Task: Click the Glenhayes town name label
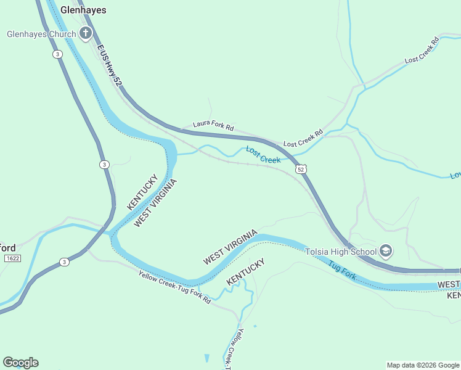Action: point(83,10)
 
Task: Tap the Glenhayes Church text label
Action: point(41,34)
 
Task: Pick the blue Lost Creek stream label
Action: point(263,155)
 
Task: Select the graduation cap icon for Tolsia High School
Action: point(386,250)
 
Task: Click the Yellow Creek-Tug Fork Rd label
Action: point(174,288)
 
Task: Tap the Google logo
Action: point(20,363)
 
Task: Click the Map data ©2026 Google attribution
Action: point(423,365)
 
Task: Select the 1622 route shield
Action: point(11,258)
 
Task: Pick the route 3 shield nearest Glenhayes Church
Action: point(57,54)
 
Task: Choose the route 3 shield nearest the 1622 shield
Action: point(65,262)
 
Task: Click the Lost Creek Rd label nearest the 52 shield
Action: point(303,138)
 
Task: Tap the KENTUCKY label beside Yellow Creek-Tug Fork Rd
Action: point(246,271)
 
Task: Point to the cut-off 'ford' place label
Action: point(8,248)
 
